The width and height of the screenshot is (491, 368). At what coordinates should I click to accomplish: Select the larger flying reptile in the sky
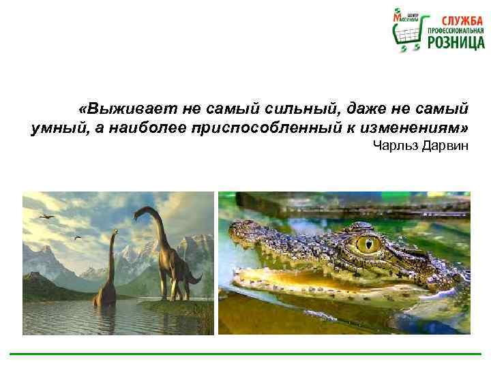click(x=46, y=216)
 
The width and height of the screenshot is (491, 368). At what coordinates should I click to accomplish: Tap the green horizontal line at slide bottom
click(x=245, y=354)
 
